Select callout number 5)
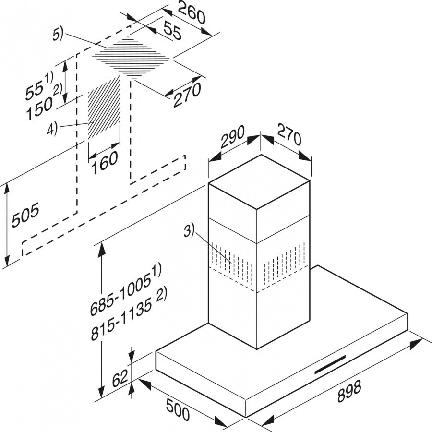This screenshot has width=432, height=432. point(58,35)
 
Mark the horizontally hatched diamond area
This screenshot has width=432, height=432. point(132,58)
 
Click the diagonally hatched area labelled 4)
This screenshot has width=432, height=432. point(104,107)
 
